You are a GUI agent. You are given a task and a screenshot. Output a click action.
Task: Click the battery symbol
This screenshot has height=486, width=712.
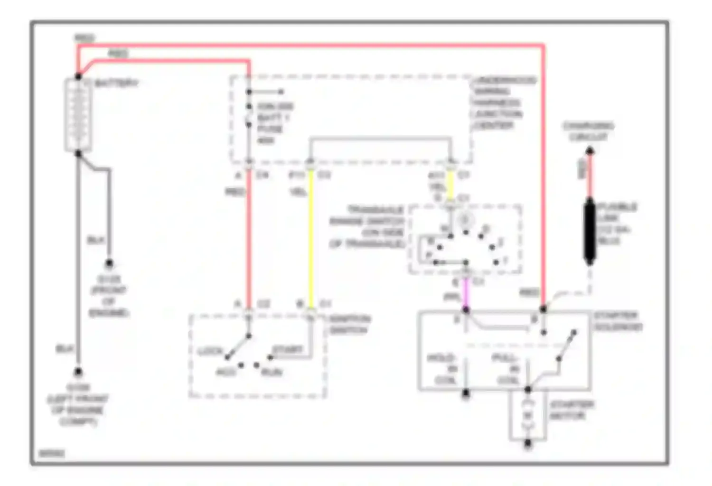(x=78, y=114)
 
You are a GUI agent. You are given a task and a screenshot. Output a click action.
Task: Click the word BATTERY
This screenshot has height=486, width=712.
(x=116, y=84)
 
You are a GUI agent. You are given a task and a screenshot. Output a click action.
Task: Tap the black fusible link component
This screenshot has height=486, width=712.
(x=590, y=231)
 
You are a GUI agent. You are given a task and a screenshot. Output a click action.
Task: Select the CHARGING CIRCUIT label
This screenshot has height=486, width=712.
(x=588, y=131)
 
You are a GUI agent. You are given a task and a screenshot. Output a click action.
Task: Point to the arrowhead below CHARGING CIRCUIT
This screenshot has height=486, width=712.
(x=590, y=151)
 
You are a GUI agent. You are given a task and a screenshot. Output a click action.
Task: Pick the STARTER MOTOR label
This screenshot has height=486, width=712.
(x=571, y=410)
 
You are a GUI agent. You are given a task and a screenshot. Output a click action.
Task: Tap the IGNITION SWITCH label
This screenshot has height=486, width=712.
(x=350, y=324)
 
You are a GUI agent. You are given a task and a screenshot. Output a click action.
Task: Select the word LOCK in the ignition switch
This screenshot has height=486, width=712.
(x=210, y=352)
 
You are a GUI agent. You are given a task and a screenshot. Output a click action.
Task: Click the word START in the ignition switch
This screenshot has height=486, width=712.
(x=287, y=350)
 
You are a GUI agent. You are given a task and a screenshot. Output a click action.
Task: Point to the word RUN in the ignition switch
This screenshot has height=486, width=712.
(x=272, y=372)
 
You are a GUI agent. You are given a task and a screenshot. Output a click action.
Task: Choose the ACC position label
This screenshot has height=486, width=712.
(x=226, y=372)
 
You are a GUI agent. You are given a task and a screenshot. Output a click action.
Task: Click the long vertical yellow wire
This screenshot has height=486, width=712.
(x=311, y=237)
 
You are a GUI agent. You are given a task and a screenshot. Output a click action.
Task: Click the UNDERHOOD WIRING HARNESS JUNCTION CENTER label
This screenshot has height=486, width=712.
(x=503, y=103)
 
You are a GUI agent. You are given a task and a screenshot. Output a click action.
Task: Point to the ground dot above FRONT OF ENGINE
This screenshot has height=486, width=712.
(x=109, y=263)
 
